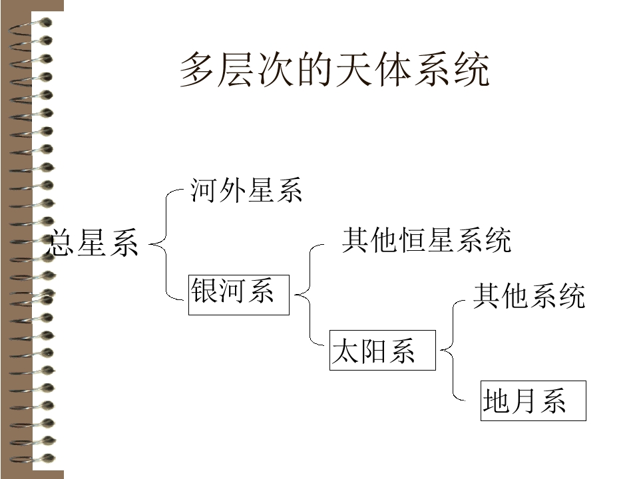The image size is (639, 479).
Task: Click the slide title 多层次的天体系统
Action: click(335, 70)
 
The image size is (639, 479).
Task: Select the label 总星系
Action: click(93, 243)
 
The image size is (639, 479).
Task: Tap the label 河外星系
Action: click(246, 190)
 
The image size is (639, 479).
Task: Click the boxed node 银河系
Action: click(239, 295)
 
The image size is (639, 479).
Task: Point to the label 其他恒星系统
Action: click(426, 240)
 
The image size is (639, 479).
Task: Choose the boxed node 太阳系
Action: click(383, 351)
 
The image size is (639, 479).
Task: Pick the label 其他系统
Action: click(529, 295)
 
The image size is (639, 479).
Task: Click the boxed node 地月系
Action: click(533, 400)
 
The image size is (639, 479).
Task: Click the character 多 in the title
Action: click(197, 70)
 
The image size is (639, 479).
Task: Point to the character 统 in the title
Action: click(472, 70)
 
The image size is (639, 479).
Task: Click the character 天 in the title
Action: click(353, 70)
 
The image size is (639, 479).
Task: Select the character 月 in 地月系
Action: click(524, 400)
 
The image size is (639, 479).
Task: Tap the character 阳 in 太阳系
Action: click(373, 351)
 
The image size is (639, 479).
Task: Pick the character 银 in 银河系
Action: click(204, 291)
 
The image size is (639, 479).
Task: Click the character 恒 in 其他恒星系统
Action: click(412, 240)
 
